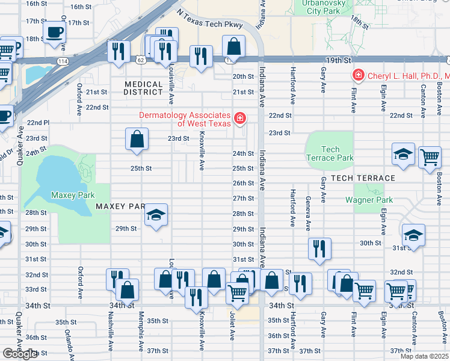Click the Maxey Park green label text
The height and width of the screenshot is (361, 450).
(x=71, y=195)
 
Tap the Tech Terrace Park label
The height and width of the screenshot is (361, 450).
(x=330, y=153)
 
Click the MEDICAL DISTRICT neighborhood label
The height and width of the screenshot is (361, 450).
(x=143, y=88)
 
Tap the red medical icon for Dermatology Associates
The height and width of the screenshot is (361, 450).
(x=240, y=119)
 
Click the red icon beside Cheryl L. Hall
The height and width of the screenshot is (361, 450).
(x=358, y=75)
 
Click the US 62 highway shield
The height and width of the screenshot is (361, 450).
(x=140, y=60)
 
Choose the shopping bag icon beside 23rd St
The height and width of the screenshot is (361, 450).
(x=137, y=138)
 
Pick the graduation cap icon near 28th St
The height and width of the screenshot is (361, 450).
(x=156, y=215)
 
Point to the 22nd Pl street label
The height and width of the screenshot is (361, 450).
(x=38, y=123)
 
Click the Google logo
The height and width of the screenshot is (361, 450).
(x=19, y=354)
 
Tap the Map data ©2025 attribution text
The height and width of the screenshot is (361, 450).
(x=424, y=356)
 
